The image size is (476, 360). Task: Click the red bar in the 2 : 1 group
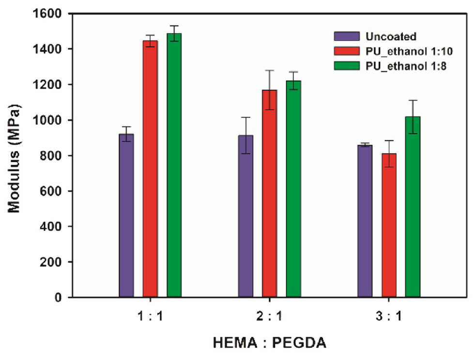click(269, 194)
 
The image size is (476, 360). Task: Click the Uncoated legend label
click(391, 36)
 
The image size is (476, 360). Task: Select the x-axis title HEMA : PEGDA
click(269, 344)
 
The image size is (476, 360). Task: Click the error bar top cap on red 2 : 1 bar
click(269, 71)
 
